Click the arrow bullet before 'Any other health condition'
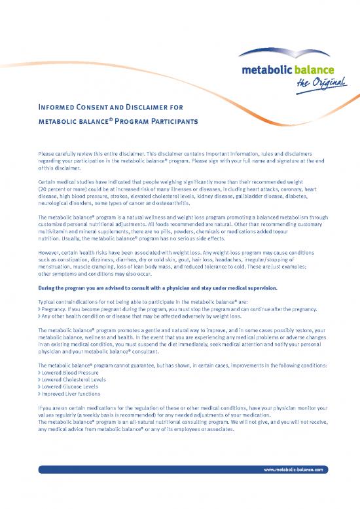[40, 316]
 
